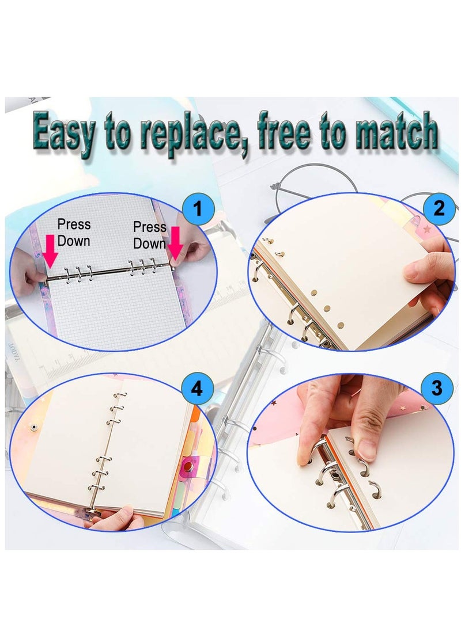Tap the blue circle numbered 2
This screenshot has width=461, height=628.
coord(440,208)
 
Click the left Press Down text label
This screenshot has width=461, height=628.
coord(74,232)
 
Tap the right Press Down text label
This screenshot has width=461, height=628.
coord(149,235)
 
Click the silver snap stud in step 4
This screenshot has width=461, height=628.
coord(34,427)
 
